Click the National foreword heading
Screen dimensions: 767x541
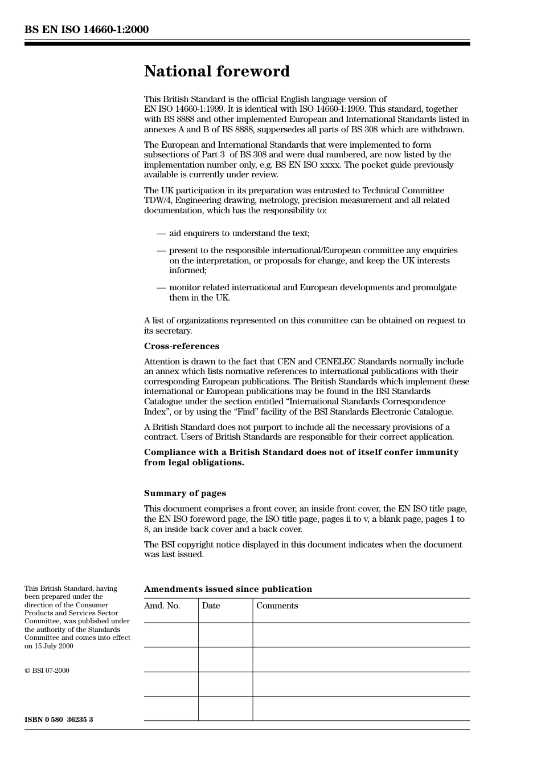coord(216,71)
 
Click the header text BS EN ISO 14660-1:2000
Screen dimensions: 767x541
coord(87,30)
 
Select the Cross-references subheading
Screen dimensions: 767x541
coord(181,346)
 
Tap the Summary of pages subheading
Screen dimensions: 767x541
coord(185,493)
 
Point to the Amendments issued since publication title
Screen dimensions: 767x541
coord(228,589)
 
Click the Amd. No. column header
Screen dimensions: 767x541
coord(162,606)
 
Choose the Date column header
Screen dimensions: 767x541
coord(211,606)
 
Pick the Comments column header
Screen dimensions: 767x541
coord(277,606)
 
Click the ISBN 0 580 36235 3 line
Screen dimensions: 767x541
coord(59,720)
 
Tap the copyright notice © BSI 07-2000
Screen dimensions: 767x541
coord(47,671)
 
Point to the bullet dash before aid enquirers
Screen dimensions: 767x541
coord(161,233)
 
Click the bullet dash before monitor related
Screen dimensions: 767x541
coord(161,287)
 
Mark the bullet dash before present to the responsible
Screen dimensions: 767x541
coord(161,250)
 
